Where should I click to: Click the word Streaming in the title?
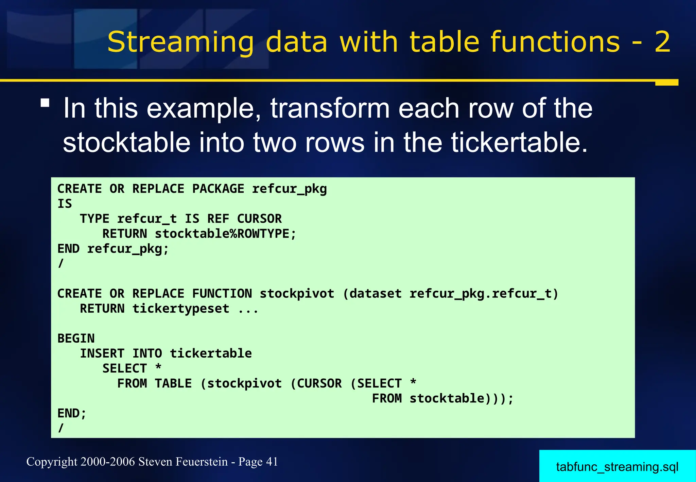(x=180, y=42)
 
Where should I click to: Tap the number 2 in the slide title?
(x=662, y=42)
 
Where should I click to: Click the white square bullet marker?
(x=45, y=103)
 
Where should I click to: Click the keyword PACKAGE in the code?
(x=218, y=189)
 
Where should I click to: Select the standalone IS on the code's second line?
(x=65, y=204)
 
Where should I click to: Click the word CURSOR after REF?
(x=259, y=219)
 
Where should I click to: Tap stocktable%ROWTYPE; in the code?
(x=225, y=234)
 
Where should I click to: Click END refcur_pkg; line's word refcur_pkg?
(x=128, y=249)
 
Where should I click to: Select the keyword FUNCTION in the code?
(x=222, y=293)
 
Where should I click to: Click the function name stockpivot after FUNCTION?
(x=297, y=293)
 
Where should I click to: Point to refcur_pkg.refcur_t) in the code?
(x=484, y=293)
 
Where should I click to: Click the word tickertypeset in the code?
(x=180, y=309)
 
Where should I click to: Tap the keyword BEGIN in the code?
(x=76, y=338)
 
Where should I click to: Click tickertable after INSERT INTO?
(x=211, y=354)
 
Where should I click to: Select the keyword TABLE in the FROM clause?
(x=173, y=383)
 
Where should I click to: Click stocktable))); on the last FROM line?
(x=461, y=398)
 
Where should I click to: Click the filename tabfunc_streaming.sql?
(x=617, y=467)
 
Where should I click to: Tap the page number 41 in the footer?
(x=272, y=462)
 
